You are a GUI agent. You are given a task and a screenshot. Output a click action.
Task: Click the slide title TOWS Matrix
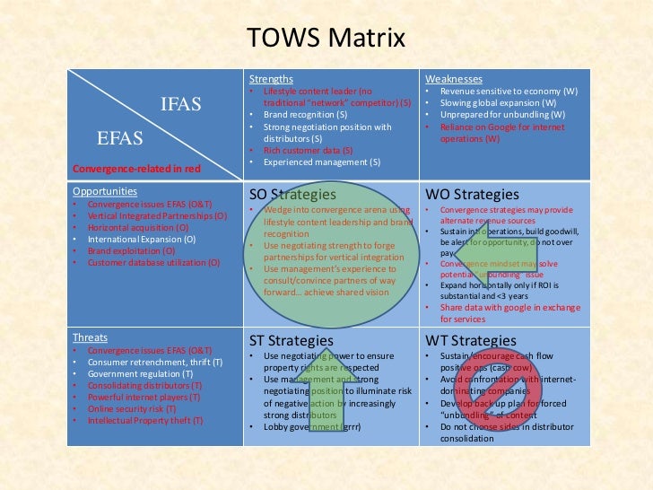click(326, 39)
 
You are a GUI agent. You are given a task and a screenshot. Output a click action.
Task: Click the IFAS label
click(181, 104)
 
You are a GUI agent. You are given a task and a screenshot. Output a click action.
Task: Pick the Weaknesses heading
click(454, 80)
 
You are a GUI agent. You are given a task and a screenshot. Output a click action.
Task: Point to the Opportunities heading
click(105, 191)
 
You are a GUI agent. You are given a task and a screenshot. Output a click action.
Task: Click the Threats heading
click(91, 338)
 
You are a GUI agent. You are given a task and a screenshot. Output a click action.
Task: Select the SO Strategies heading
click(292, 194)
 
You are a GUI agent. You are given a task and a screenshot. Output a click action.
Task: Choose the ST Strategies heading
click(292, 341)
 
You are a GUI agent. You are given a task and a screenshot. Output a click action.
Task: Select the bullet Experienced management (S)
click(322, 162)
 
